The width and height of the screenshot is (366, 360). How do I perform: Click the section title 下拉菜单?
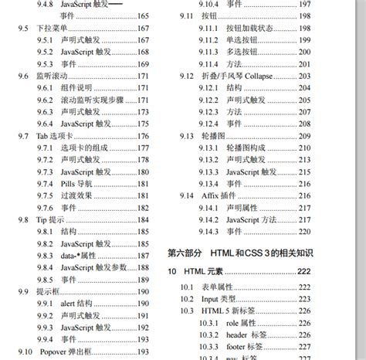52,29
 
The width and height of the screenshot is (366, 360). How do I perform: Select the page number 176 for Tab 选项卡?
143,136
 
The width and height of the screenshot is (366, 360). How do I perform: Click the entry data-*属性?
78,256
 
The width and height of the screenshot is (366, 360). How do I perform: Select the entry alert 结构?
79,304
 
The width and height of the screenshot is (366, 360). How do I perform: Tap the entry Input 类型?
219,298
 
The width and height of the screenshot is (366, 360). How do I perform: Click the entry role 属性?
244,322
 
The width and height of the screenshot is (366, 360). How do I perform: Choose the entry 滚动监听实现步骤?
93,100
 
